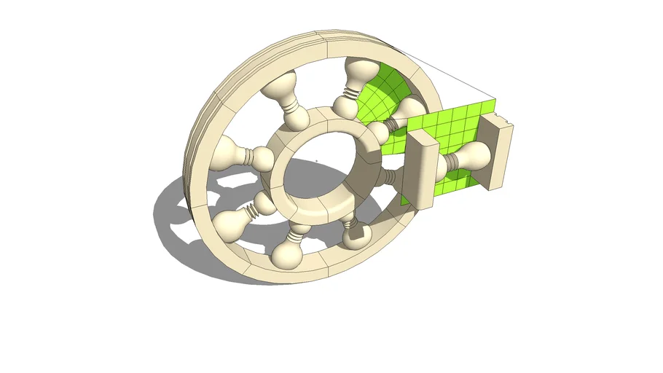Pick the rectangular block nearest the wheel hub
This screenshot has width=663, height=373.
[x=418, y=169]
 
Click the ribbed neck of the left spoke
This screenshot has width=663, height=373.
[x=258, y=155]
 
